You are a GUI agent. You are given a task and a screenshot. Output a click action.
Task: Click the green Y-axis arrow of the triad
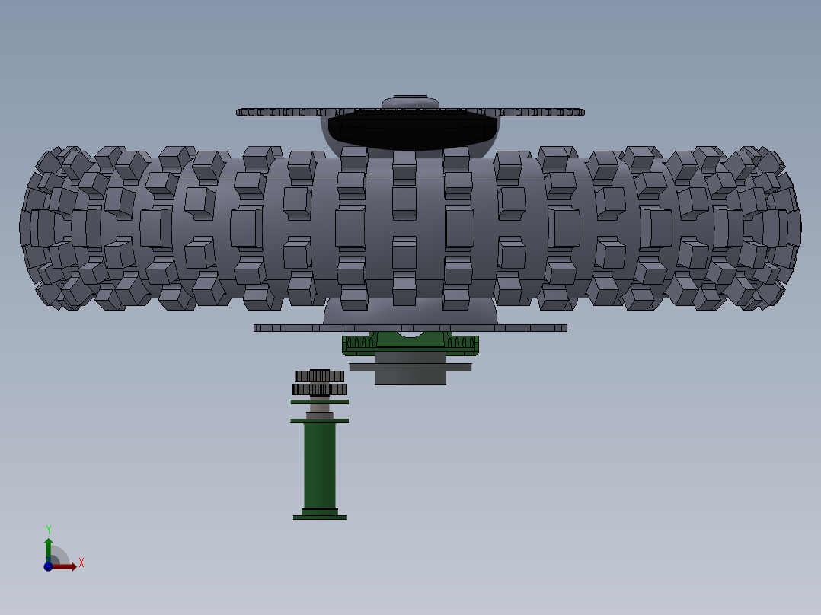(48, 547)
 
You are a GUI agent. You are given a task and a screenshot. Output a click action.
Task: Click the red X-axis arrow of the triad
(66, 566)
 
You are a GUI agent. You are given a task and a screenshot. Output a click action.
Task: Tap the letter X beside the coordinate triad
(81, 563)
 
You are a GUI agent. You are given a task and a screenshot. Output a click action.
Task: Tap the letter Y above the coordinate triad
(48, 529)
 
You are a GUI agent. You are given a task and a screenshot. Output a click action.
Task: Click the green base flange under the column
(320, 518)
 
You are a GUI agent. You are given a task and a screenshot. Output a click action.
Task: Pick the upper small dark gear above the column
(319, 376)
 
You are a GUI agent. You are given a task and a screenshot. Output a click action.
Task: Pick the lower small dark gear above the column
(319, 389)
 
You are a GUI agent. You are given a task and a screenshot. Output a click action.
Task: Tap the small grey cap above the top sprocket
(410, 102)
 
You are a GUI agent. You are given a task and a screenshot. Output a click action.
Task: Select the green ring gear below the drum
(410, 346)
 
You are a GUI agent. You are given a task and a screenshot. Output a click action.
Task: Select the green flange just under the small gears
(319, 402)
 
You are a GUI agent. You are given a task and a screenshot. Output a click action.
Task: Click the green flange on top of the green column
(319, 420)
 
